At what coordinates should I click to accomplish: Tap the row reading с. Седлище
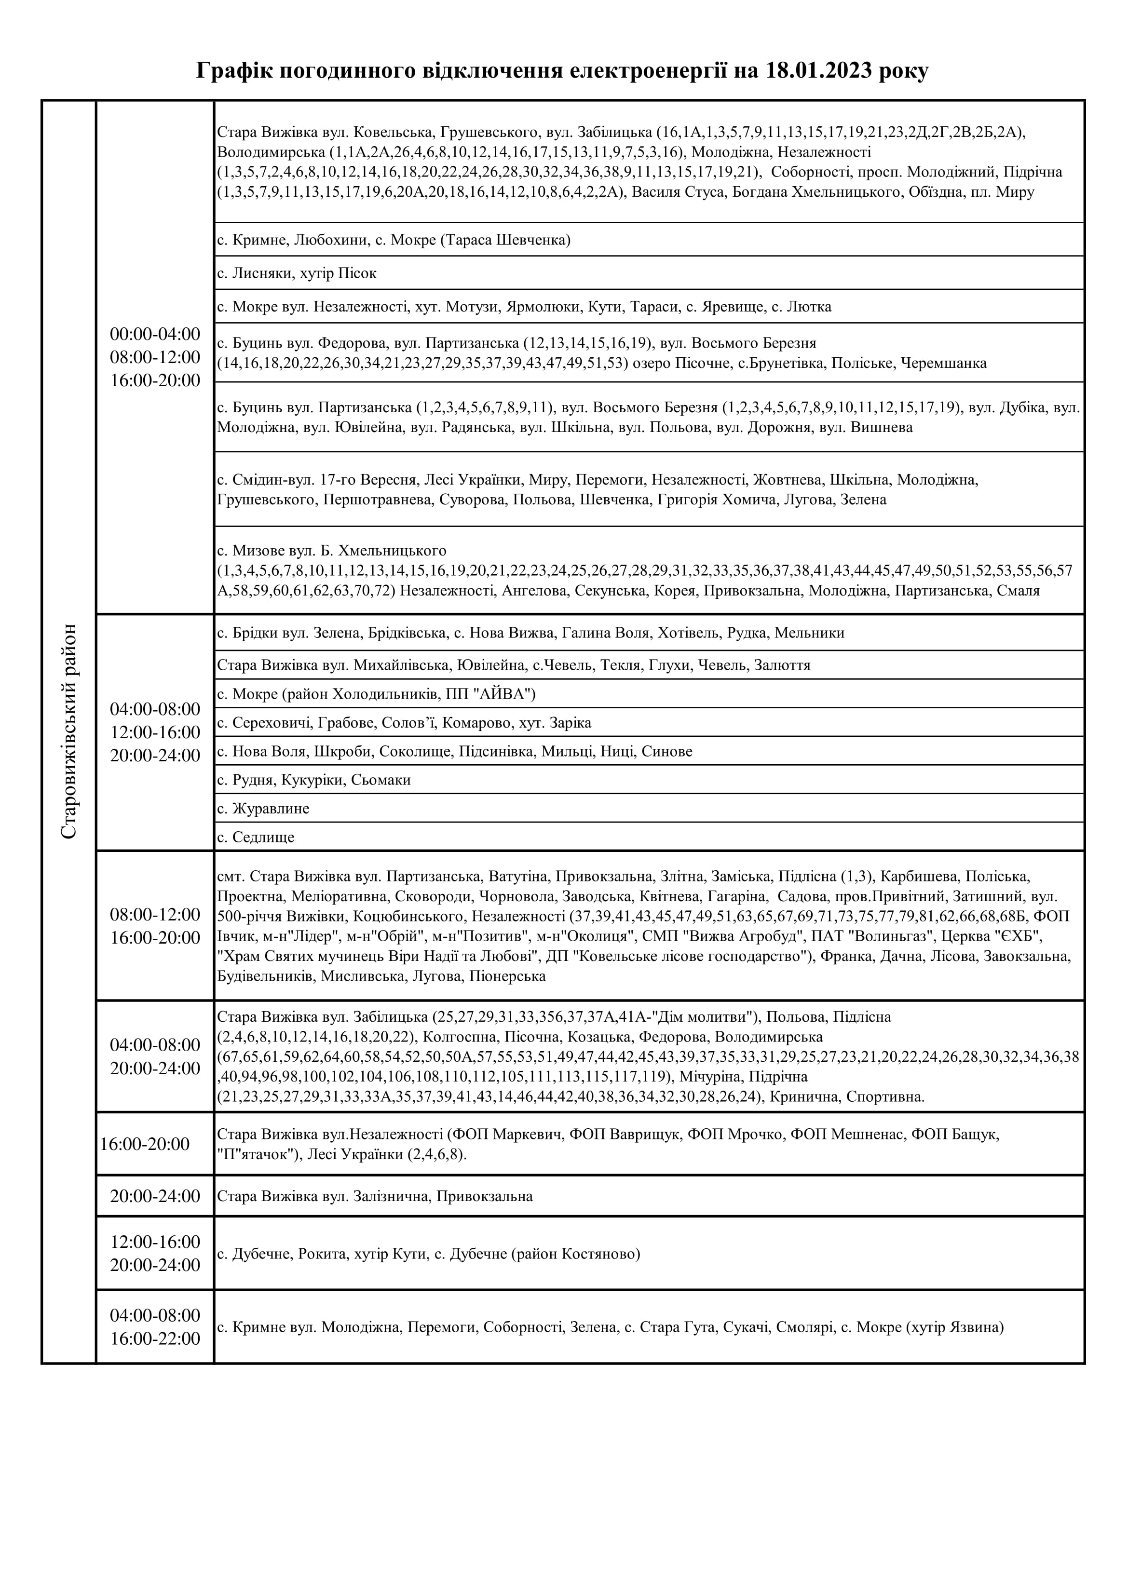pyautogui.click(x=256, y=837)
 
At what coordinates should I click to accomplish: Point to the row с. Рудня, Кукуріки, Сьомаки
pyautogui.click(x=314, y=780)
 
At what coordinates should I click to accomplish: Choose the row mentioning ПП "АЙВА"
pyautogui.click(x=376, y=694)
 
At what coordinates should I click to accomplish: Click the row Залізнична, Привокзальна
pyautogui.click(x=375, y=1196)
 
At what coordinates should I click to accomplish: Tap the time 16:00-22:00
pyautogui.click(x=155, y=1338)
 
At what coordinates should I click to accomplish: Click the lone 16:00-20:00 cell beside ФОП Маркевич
pyautogui.click(x=145, y=1144)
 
